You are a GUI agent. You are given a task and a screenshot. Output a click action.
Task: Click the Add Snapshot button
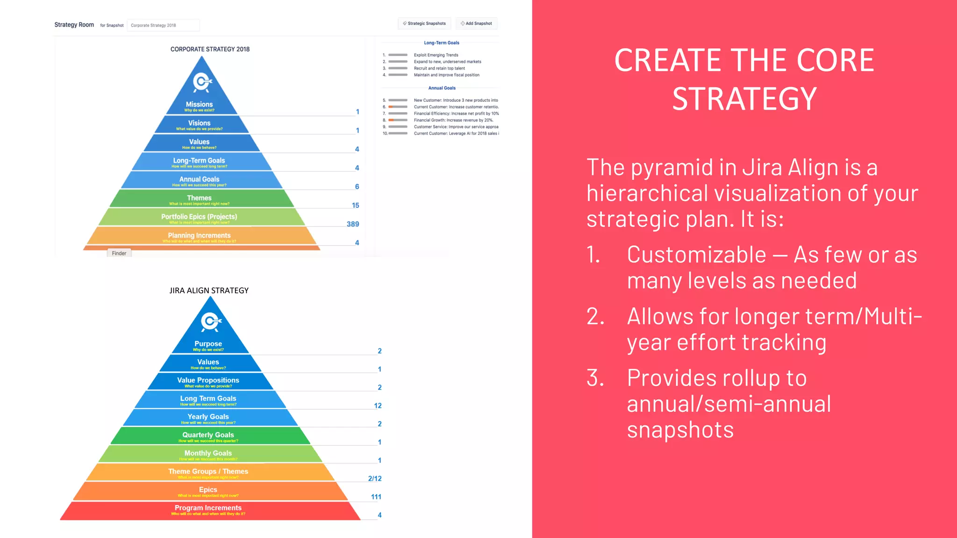click(x=476, y=23)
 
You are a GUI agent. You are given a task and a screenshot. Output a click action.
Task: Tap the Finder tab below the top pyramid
click(x=119, y=253)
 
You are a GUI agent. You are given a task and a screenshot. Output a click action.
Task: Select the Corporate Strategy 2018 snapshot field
click(x=163, y=25)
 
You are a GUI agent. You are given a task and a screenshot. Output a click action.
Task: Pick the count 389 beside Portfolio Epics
click(x=353, y=224)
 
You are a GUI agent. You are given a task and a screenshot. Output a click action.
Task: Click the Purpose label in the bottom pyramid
click(x=208, y=344)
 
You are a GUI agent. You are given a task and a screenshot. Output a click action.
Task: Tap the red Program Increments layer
click(x=208, y=510)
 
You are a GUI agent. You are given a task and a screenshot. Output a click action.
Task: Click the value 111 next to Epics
click(x=376, y=497)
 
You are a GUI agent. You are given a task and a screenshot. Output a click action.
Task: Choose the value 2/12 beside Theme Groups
click(x=375, y=479)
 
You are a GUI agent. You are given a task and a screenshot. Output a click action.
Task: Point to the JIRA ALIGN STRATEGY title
click(x=209, y=290)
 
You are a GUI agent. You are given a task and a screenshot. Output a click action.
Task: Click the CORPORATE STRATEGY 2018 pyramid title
click(x=210, y=49)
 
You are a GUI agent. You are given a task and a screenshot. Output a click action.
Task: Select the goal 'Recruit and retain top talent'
click(x=439, y=68)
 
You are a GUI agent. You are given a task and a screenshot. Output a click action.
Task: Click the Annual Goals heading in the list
click(x=442, y=88)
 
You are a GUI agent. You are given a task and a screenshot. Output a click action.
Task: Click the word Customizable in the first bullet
click(x=696, y=255)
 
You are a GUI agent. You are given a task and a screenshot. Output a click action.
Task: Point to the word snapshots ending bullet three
click(x=680, y=430)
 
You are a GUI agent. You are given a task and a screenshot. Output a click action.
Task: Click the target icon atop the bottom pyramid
click(x=211, y=321)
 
